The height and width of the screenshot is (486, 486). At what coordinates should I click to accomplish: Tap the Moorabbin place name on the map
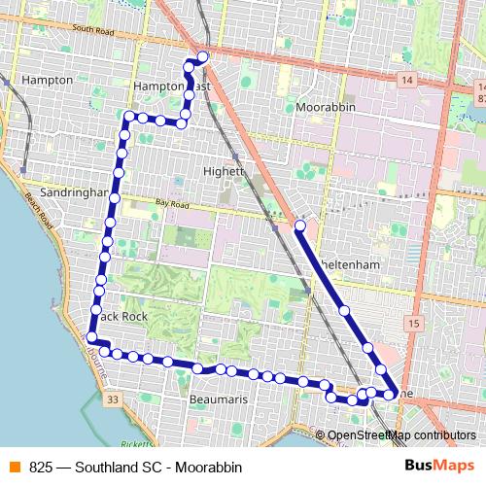(x=326, y=107)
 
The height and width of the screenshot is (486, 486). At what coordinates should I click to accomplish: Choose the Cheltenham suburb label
(x=347, y=264)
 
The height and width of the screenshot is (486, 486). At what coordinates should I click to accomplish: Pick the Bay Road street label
(x=169, y=204)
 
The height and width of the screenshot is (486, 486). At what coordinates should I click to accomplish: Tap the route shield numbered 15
(x=414, y=323)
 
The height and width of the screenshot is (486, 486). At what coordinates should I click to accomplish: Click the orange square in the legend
(x=14, y=466)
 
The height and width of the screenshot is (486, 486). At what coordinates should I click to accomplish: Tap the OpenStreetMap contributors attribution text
(x=401, y=435)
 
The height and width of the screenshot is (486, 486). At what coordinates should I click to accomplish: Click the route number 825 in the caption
(x=41, y=467)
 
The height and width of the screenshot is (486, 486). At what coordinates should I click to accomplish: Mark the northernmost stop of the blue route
(x=202, y=57)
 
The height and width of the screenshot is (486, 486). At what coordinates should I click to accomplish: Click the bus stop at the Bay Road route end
(x=300, y=226)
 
